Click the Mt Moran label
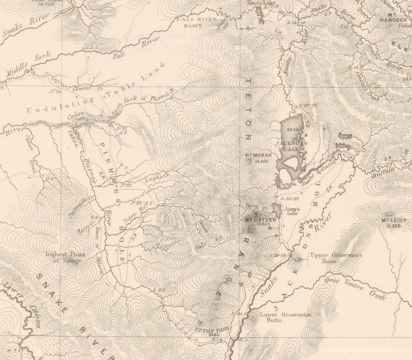click(x=258, y=155)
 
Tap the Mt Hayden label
click(x=260, y=220)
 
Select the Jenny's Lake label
click(x=292, y=211)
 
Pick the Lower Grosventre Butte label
click(x=285, y=317)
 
